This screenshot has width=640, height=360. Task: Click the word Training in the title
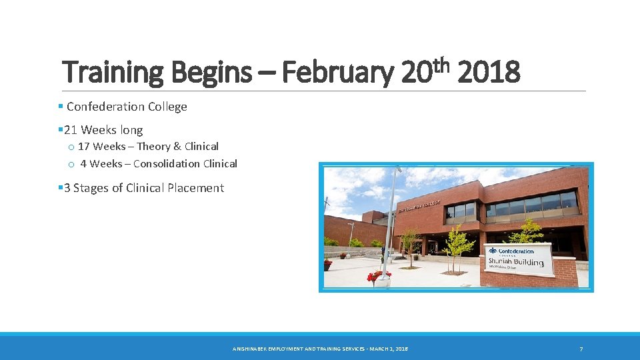112,73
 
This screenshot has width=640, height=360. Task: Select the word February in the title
338,73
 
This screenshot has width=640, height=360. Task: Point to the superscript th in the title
443,64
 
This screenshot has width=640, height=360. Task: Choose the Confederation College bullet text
127,107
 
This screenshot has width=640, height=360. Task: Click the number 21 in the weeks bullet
71,130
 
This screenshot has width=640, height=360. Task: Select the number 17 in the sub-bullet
84,147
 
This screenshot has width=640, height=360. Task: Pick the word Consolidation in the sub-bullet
166,164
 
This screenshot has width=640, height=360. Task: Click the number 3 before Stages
67,188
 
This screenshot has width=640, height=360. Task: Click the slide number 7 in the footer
581,349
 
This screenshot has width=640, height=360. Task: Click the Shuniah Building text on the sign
515,262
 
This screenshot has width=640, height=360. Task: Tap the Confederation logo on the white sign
511,251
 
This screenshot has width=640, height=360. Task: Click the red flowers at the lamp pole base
378,275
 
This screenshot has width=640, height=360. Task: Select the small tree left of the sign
455,247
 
